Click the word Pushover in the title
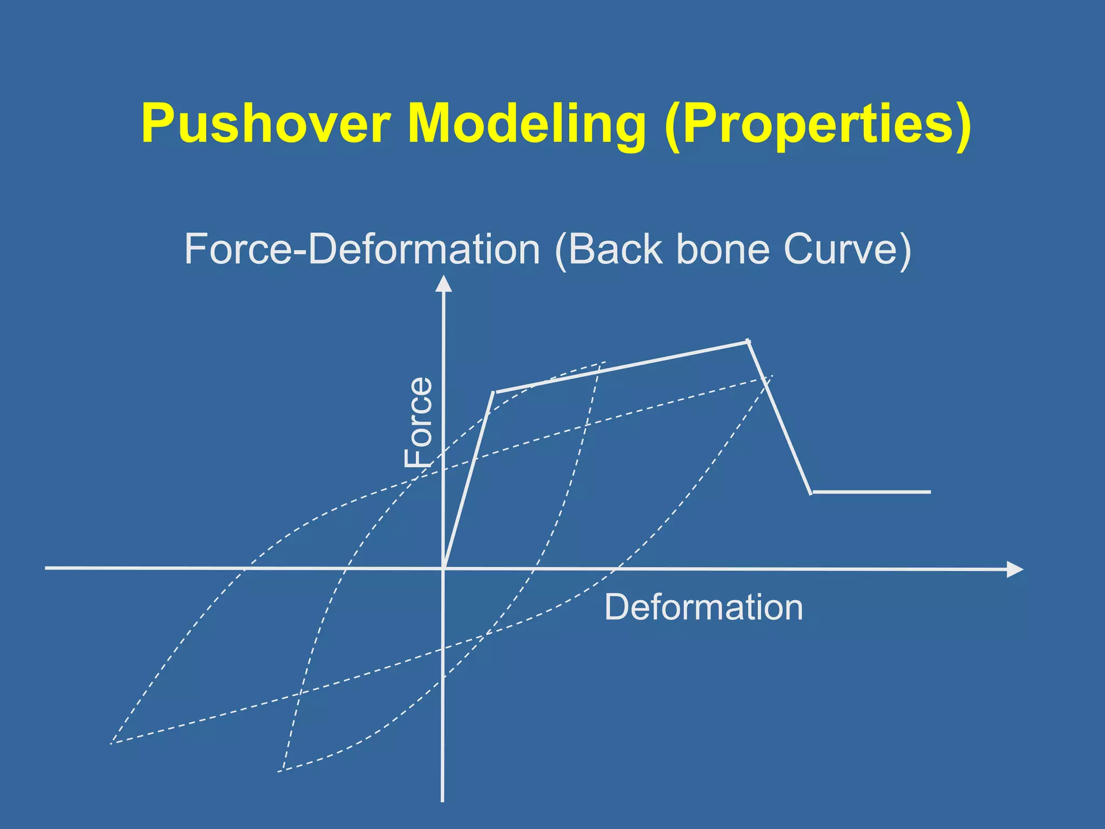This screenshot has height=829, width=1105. tap(265, 124)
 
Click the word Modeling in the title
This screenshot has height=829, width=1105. tap(526, 124)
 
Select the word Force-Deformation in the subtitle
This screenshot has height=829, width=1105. tap(362, 249)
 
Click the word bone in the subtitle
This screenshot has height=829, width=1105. tap(722, 249)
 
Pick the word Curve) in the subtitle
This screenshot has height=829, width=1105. tap(847, 249)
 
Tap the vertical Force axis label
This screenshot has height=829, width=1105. tap(419, 422)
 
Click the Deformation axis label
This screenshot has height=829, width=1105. tap(703, 608)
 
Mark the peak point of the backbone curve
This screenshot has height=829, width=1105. tap(747, 341)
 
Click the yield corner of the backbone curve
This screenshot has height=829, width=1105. tap(494, 392)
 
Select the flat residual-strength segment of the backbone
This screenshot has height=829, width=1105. tap(871, 492)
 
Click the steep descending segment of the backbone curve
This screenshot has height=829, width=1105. tap(779, 417)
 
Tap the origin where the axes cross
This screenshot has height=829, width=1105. tap(443, 568)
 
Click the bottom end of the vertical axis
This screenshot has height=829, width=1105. tap(442, 800)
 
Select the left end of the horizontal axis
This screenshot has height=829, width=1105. tap(47, 568)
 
